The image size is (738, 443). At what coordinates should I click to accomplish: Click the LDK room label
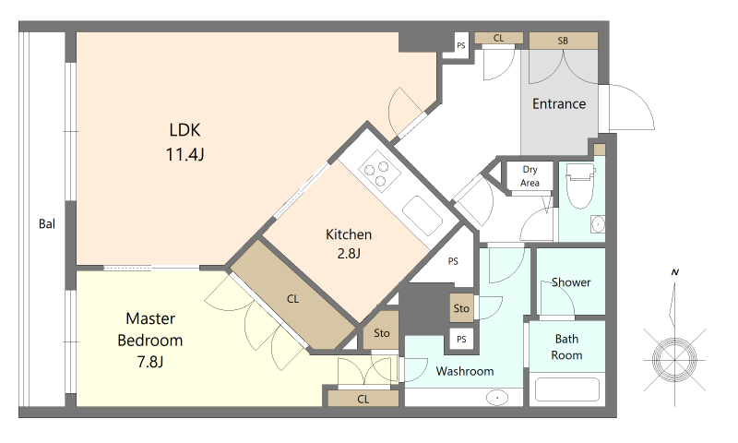tap(184, 130)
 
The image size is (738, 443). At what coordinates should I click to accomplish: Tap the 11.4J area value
tap(185, 154)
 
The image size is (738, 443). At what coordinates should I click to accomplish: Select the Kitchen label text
tap(349, 234)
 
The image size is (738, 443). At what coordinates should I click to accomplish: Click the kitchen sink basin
tap(423, 216)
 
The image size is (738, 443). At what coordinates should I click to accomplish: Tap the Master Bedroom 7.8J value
tap(150, 362)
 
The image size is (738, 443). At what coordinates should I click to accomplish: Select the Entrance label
tap(559, 103)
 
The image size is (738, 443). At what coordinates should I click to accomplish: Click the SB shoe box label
tap(563, 41)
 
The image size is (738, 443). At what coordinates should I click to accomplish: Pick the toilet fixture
tap(580, 186)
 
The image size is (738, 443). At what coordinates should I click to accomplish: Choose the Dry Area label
tap(530, 176)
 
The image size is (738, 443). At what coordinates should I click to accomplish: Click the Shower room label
tap(571, 282)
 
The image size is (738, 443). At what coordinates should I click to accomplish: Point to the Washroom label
tap(465, 371)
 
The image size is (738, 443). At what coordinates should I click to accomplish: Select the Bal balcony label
tap(47, 224)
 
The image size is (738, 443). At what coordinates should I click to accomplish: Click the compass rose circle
tap(674, 360)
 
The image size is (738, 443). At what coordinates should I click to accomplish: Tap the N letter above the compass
tap(675, 272)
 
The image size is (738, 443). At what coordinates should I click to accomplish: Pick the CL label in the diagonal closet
tap(292, 299)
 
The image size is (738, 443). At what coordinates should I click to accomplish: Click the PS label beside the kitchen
tap(453, 261)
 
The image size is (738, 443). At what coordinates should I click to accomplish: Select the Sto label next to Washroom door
tap(461, 308)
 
